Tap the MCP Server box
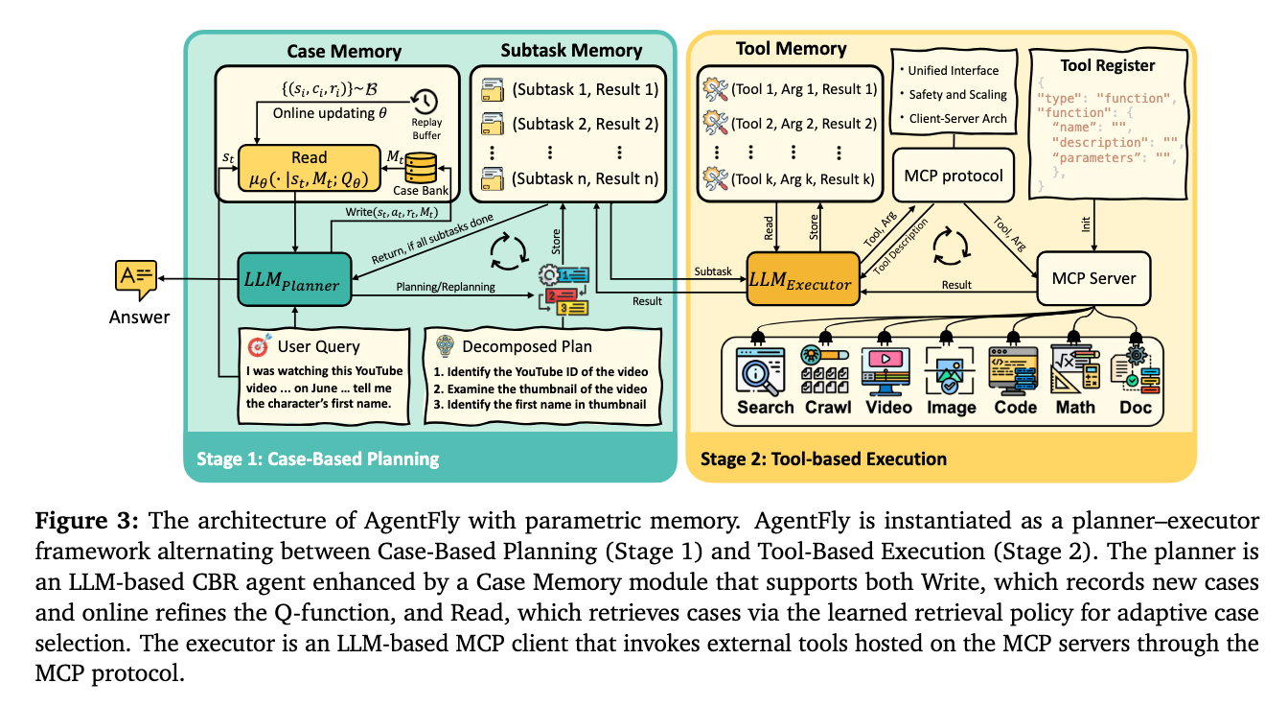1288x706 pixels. (x=1093, y=279)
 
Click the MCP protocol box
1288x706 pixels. (x=954, y=176)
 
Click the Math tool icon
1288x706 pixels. (x=1075, y=368)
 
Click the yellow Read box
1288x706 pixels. (x=309, y=168)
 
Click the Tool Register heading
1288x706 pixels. (x=1108, y=65)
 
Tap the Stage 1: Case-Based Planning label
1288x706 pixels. (x=316, y=459)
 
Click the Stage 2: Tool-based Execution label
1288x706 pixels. (x=823, y=459)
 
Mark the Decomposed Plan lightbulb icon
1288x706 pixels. (x=446, y=345)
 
